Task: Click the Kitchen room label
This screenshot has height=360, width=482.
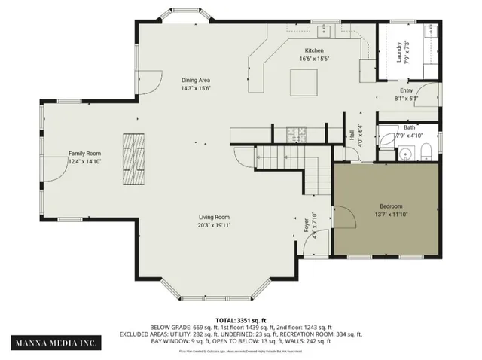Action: point(313,51)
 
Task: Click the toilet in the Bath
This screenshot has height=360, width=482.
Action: point(425,154)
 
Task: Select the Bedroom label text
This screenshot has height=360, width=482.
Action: point(390,206)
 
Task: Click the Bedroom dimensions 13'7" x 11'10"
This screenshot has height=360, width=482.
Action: point(390,214)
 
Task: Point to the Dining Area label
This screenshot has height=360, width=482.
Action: point(194,80)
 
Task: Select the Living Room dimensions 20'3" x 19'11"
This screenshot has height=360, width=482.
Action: point(214,224)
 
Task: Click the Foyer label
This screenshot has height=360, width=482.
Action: point(307,224)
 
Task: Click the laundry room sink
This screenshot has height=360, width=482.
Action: point(431,32)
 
